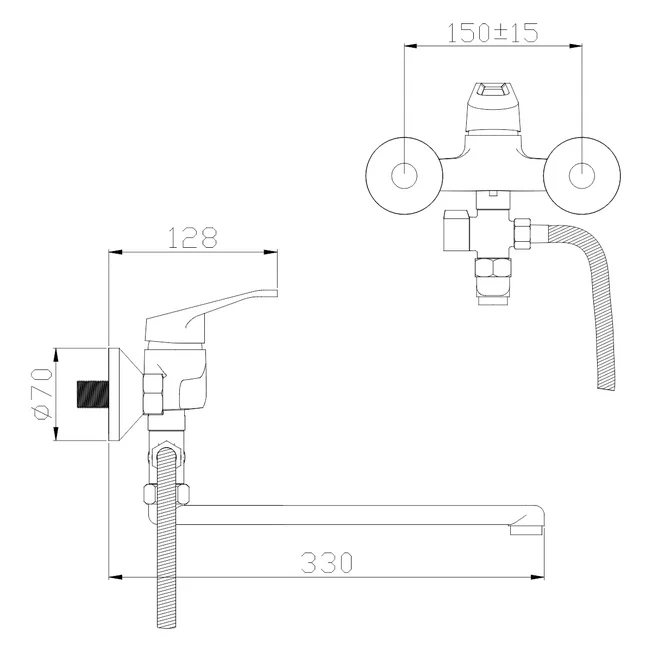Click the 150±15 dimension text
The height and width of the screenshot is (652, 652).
click(x=493, y=32)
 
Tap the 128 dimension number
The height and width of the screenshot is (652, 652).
click(x=193, y=238)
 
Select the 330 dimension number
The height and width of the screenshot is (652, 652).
click(x=327, y=562)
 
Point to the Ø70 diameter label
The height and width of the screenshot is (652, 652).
click(x=42, y=393)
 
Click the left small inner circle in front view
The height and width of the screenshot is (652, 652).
click(x=404, y=175)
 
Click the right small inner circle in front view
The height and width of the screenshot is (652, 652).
click(x=582, y=175)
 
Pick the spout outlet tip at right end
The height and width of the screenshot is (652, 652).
click(x=527, y=529)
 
